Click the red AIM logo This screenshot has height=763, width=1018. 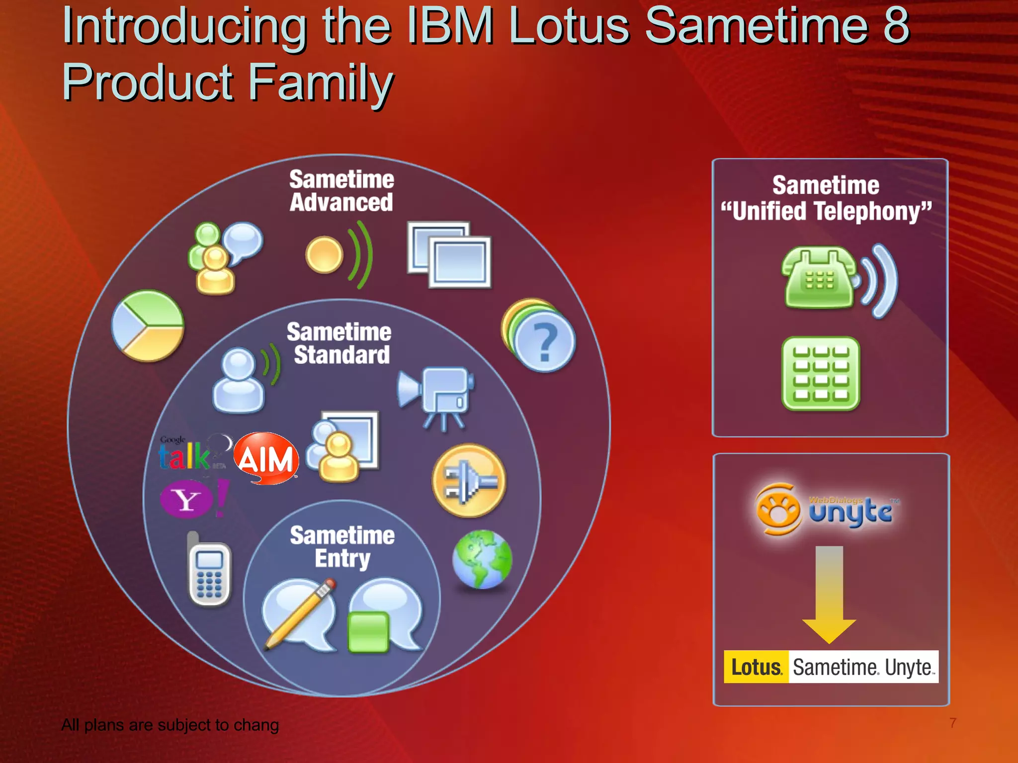click(266, 458)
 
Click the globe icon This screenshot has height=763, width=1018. click(482, 559)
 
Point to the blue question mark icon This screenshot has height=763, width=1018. click(544, 341)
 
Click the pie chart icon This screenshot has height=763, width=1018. click(148, 326)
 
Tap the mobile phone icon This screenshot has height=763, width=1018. click(209, 572)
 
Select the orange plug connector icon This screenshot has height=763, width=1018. click(469, 481)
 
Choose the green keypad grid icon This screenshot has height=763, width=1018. click(821, 374)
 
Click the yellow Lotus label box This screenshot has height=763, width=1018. click(756, 667)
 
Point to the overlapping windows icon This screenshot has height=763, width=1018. click(449, 254)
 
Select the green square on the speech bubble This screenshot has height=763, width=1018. click(368, 631)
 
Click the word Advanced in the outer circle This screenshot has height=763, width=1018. click(341, 203)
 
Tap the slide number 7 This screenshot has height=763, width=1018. click(952, 723)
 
